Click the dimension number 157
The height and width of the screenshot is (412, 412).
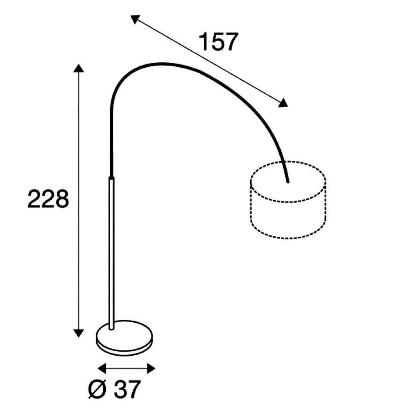[218, 42]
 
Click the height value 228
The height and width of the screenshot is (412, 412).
[48, 199]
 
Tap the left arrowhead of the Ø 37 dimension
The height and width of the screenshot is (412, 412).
[102, 368]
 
